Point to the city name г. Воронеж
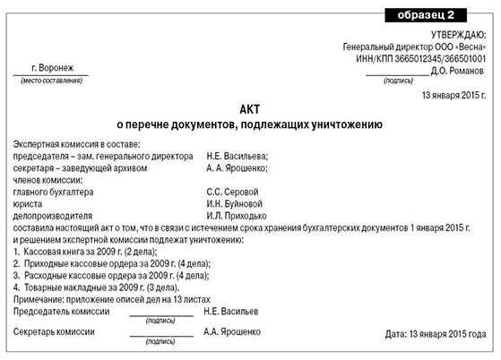click(x=51, y=68)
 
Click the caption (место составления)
click(x=51, y=81)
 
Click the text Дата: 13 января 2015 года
click(x=436, y=334)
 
